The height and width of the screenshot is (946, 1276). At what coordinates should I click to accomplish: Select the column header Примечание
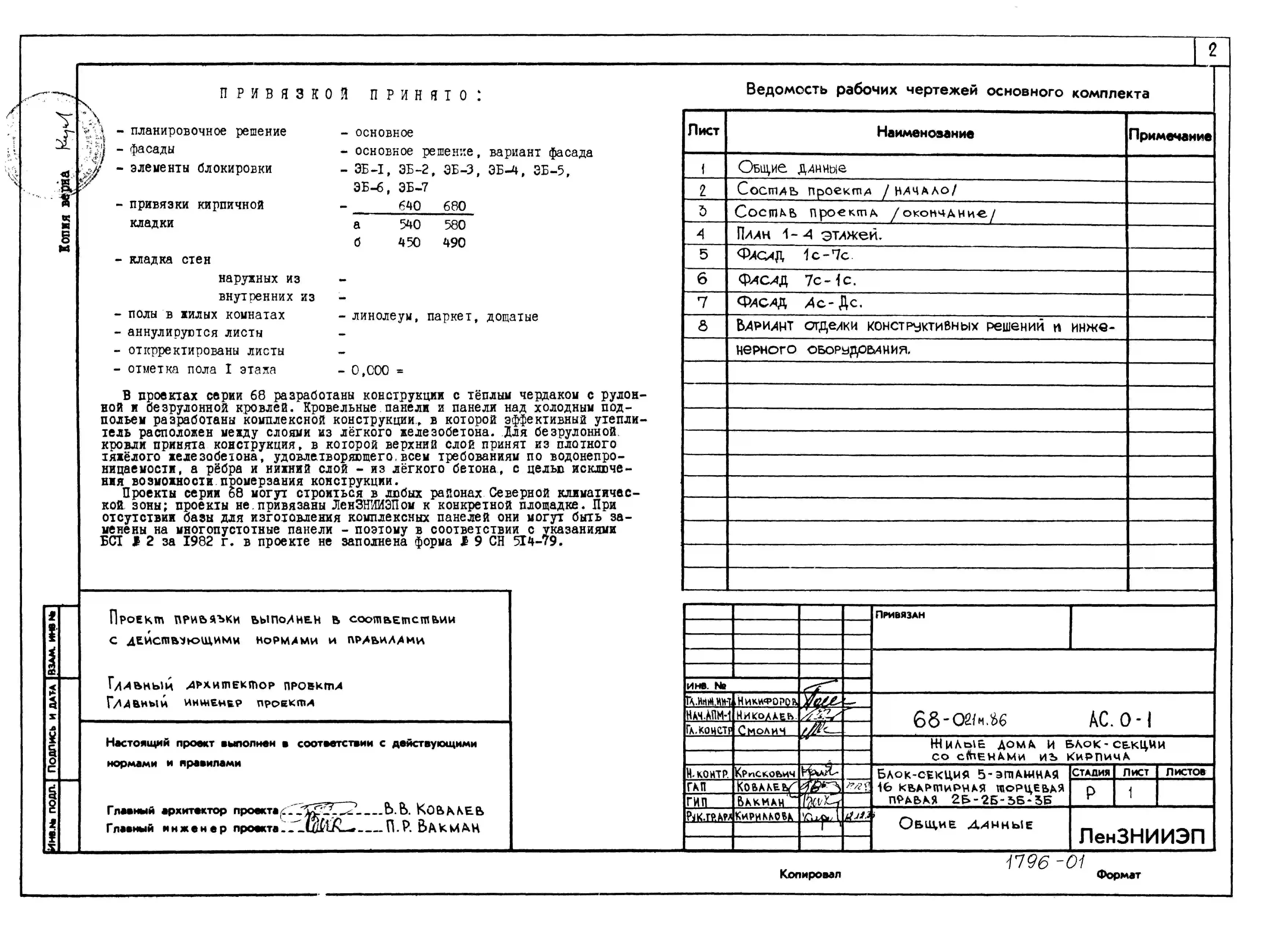1170,136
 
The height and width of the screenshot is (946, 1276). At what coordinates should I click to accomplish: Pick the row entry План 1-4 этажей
809,234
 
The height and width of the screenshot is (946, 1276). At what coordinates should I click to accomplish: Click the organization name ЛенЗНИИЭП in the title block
1142,837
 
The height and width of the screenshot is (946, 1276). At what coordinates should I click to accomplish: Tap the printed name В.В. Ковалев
434,810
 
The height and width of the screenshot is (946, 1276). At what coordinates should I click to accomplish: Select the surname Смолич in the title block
762,731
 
